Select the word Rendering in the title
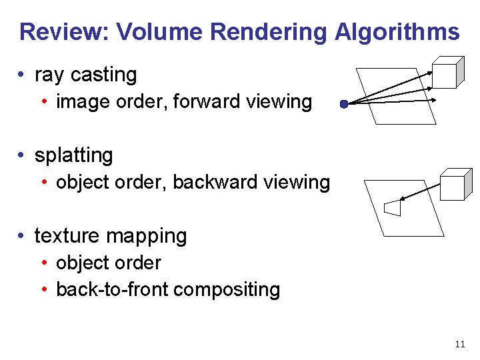coord(269,31)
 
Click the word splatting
coord(73,155)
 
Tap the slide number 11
coord(459,344)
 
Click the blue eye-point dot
coord(343,105)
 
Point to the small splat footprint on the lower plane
coord(393,207)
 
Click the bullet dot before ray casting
coord(23,75)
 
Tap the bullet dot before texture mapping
coord(23,237)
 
